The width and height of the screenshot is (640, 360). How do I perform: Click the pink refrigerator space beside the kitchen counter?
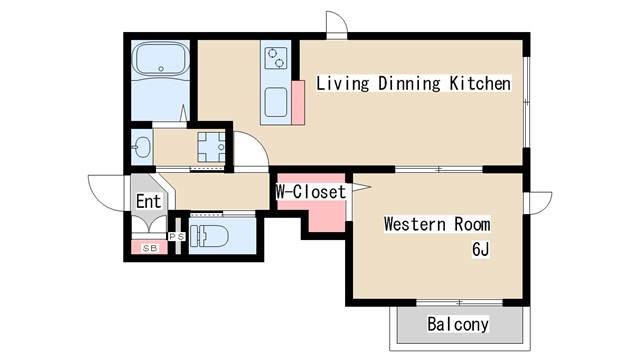pyautogui.click(x=297, y=99)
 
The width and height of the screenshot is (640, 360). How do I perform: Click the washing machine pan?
pyautogui.click(x=210, y=147)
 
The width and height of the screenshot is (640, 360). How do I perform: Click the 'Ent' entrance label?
pyautogui.click(x=148, y=201)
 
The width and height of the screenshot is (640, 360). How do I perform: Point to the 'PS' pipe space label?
pyautogui.click(x=177, y=237)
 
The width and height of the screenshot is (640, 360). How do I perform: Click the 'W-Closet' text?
pyautogui.click(x=310, y=191)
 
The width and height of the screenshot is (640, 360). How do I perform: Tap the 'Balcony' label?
pyautogui.click(x=458, y=324)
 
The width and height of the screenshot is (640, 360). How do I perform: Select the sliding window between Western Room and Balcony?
pyautogui.click(x=458, y=301)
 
